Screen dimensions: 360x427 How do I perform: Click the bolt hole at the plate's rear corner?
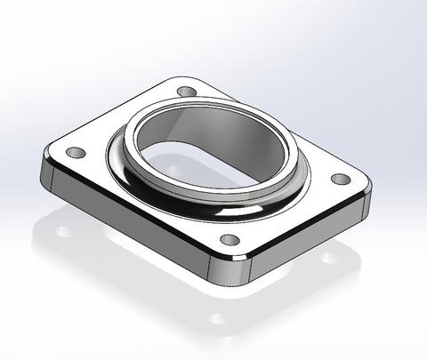click(186, 92)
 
